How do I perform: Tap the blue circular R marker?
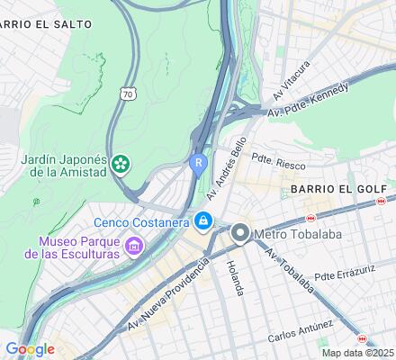click(199, 162)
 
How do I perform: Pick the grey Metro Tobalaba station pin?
click(240, 233)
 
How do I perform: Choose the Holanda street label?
click(235, 276)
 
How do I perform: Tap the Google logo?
click(30, 349)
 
